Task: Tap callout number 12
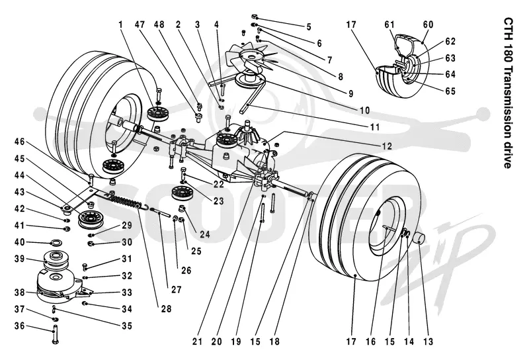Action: click(x=387, y=146)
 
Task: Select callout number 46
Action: click(x=20, y=142)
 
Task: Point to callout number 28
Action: click(x=166, y=308)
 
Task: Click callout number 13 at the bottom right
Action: click(x=428, y=341)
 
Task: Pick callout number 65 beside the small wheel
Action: click(x=450, y=91)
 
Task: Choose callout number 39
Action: click(x=20, y=259)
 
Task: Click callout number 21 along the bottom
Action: click(x=197, y=341)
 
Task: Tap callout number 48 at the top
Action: click(x=159, y=24)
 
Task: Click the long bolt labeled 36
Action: click(x=55, y=334)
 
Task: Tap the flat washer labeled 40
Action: click(x=55, y=242)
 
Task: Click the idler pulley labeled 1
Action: click(x=158, y=112)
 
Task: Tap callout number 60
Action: click(x=428, y=24)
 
